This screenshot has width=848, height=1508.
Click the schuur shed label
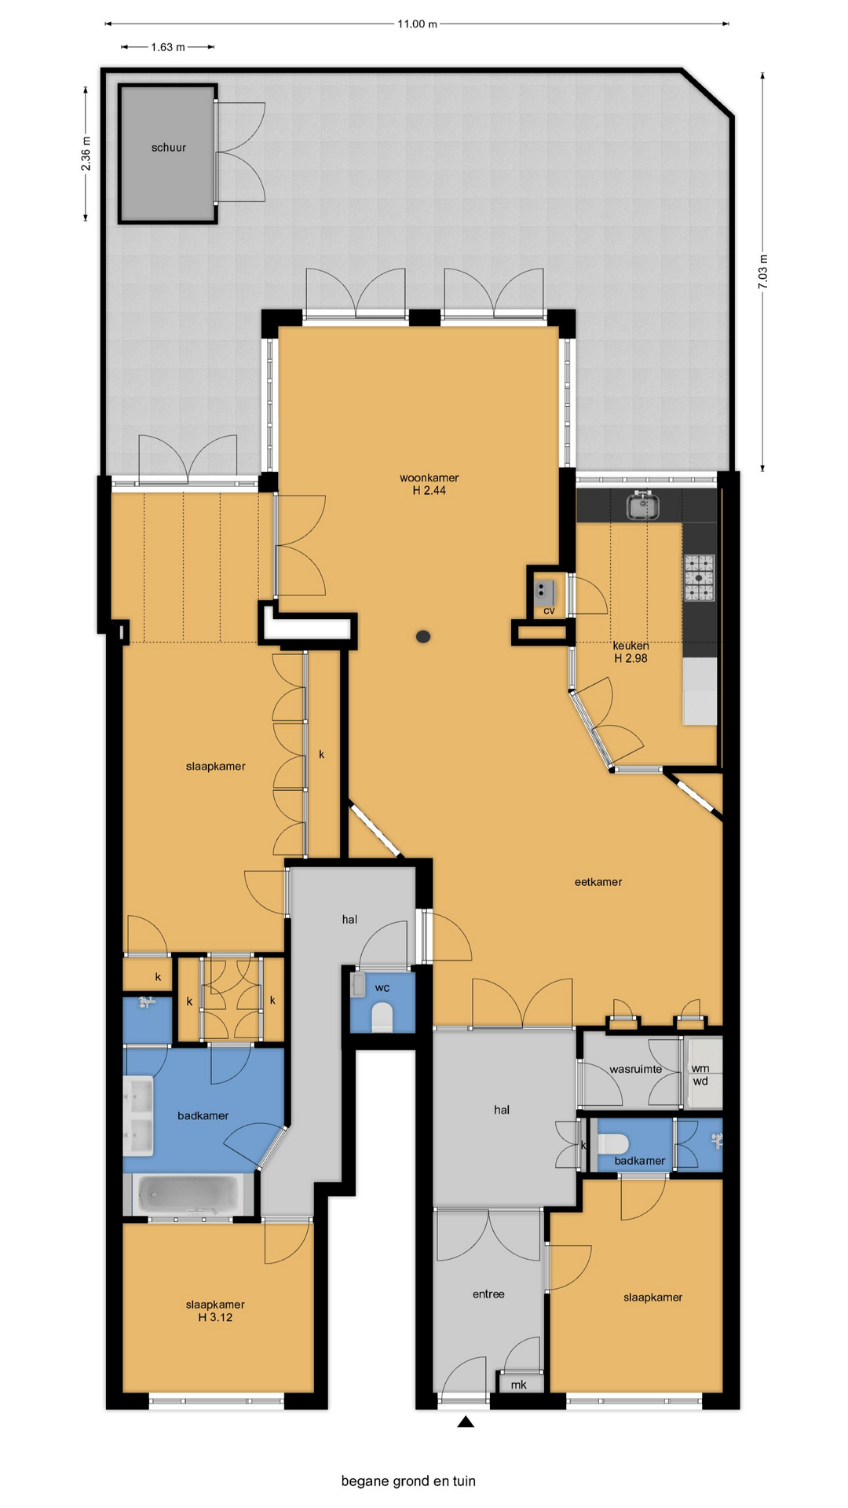coord(169,148)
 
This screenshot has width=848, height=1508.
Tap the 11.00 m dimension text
coord(417,24)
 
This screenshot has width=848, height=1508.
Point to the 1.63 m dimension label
coord(168,47)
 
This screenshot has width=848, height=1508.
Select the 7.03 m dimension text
coord(763,272)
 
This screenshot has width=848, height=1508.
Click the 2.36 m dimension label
coord(86,154)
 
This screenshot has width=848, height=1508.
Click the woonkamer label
coord(429,478)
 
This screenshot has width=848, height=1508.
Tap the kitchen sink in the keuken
coord(643,506)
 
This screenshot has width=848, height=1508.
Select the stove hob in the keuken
coord(699,578)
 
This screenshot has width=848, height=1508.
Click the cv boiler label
coord(549,610)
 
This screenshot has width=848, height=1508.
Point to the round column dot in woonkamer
coord(423,637)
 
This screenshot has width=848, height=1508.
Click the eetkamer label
coord(598,882)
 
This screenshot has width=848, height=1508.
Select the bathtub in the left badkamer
coord(188,1195)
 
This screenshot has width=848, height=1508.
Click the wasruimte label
coord(636,1069)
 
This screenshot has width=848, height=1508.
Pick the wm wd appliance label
coord(700,1074)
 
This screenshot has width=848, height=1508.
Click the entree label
coord(488,1294)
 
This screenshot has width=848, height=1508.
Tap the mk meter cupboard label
coord(518,1385)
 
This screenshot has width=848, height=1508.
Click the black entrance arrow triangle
coord(466,1422)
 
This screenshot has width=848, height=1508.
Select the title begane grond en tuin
coord(408,1481)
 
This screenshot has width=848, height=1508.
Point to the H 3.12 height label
coord(215,1317)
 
